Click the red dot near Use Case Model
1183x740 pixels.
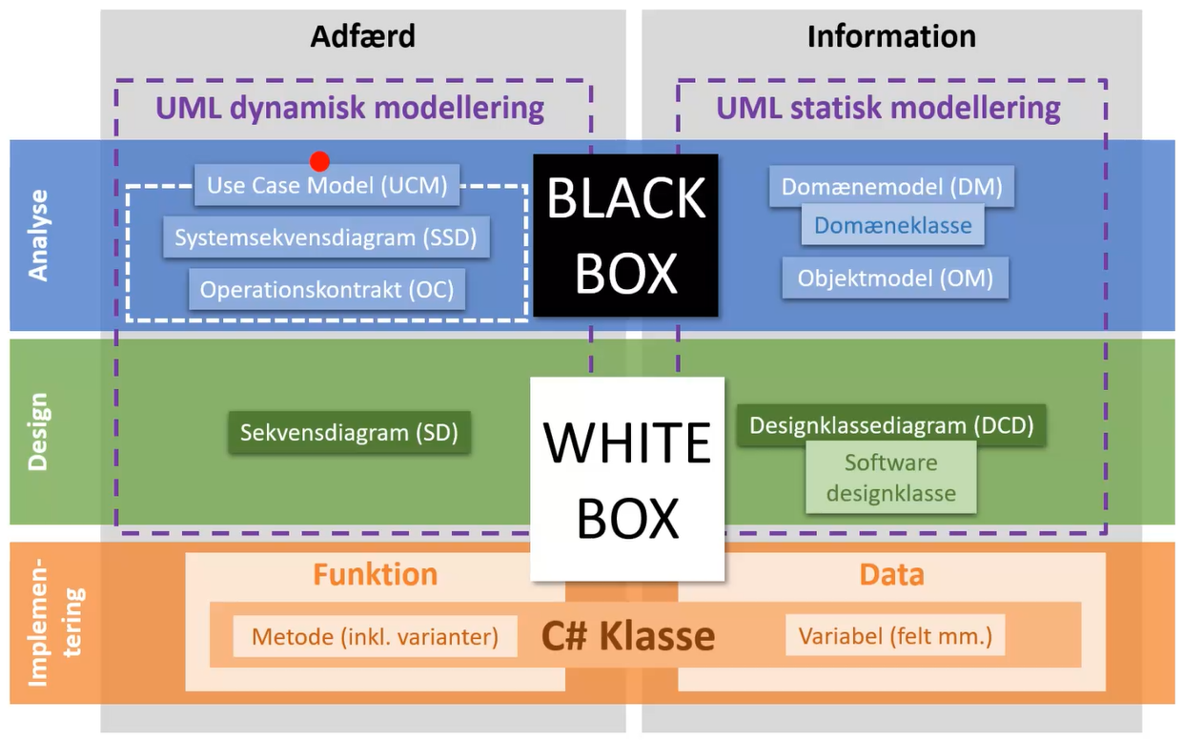click(319, 161)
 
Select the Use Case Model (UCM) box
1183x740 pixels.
click(327, 186)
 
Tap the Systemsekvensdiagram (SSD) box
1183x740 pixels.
click(326, 237)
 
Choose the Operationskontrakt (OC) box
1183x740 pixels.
click(327, 289)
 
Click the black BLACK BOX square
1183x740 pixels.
click(625, 236)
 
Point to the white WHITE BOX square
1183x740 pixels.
click(627, 479)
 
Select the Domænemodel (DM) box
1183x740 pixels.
click(891, 187)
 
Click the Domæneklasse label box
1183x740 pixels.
click(892, 226)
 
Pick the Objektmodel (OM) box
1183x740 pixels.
click(895, 277)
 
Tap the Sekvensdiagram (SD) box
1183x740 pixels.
click(349, 432)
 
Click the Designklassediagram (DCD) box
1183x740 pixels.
click(891, 425)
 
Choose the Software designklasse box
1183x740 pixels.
click(890, 479)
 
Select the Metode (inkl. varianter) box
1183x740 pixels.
click(375, 636)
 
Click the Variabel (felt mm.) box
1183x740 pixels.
click(895, 636)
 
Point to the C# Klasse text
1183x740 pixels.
click(628, 636)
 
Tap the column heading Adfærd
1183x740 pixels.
click(362, 36)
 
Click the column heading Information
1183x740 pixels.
click(891, 36)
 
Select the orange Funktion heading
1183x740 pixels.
click(375, 575)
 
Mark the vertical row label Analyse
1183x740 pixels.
click(38, 235)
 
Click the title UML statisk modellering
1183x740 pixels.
click(888, 108)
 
